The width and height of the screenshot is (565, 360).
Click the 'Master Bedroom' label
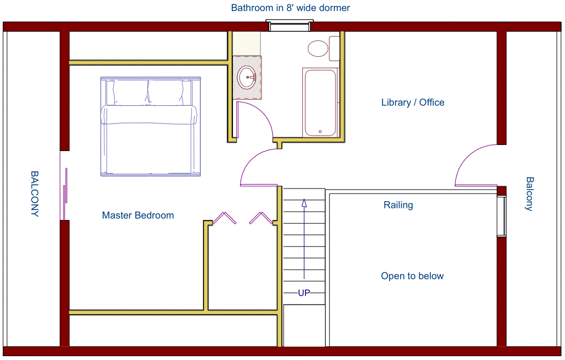tap(138, 215)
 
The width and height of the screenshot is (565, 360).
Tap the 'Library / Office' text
tap(413, 103)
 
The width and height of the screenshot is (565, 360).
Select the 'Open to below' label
tap(412, 276)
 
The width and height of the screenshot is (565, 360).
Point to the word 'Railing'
tap(398, 205)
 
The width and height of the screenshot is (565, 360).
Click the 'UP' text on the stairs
tap(304, 293)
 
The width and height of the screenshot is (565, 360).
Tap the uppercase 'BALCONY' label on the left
tap(35, 194)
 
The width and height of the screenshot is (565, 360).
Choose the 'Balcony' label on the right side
tap(530, 194)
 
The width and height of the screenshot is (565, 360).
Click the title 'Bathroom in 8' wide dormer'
tap(290, 8)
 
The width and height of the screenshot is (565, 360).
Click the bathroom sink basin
tap(247, 77)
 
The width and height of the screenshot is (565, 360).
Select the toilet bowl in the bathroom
tap(318, 48)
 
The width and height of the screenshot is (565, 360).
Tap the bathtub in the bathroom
tap(321, 103)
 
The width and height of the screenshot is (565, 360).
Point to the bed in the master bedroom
tap(151, 126)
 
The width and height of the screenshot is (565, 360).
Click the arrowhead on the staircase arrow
tap(304, 203)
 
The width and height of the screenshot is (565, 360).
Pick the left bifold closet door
tap(224, 218)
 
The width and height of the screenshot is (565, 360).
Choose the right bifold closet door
tap(261, 218)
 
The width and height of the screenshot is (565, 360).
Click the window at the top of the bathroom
tap(290, 26)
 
